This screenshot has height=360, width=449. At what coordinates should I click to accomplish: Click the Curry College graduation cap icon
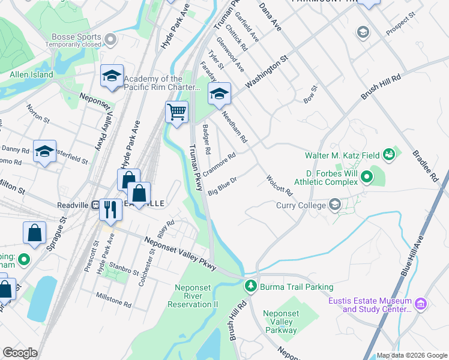coord(335,205)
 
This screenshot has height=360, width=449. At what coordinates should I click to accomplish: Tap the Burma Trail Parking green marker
coord(252,287)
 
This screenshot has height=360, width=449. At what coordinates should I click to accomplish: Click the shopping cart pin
coord(176,112)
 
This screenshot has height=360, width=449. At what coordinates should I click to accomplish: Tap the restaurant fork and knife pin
coord(110,209)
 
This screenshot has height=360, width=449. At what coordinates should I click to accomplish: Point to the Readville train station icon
coord(95,205)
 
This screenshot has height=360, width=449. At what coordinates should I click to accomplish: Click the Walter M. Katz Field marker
coord(388,155)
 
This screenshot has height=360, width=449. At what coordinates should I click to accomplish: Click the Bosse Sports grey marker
coord(110,40)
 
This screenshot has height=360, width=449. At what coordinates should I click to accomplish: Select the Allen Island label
coord(31,75)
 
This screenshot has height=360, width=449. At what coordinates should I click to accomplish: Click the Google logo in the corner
coord(20,353)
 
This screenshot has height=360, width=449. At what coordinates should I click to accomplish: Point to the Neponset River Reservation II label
coord(196,296)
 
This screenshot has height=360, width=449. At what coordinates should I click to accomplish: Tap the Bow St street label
coord(310,95)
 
